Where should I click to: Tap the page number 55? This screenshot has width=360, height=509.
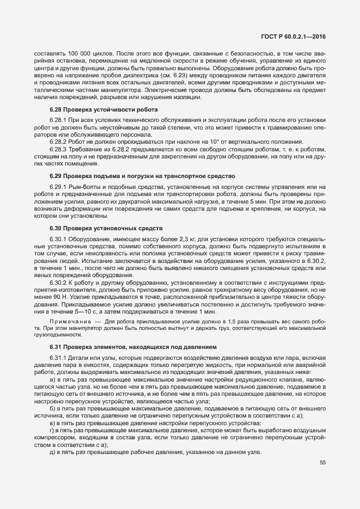tap(322, 477)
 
